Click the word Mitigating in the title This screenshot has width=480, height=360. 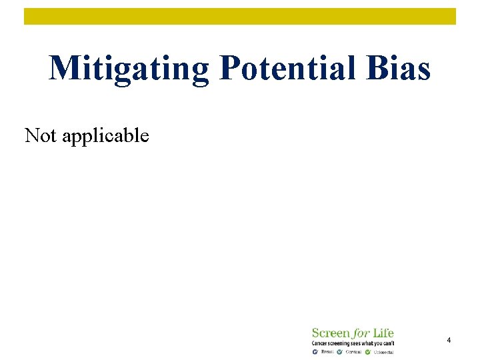click(129, 69)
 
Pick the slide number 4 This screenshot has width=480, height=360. click(449, 341)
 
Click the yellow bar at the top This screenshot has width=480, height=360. click(240, 16)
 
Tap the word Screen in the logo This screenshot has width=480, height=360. click(331, 333)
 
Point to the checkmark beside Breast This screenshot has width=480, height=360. click(315, 351)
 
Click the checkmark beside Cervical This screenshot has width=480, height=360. click(339, 351)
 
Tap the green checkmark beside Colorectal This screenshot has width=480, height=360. click(367, 351)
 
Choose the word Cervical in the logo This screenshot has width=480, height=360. click(353, 352)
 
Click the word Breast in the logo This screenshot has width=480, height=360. click(327, 352)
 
